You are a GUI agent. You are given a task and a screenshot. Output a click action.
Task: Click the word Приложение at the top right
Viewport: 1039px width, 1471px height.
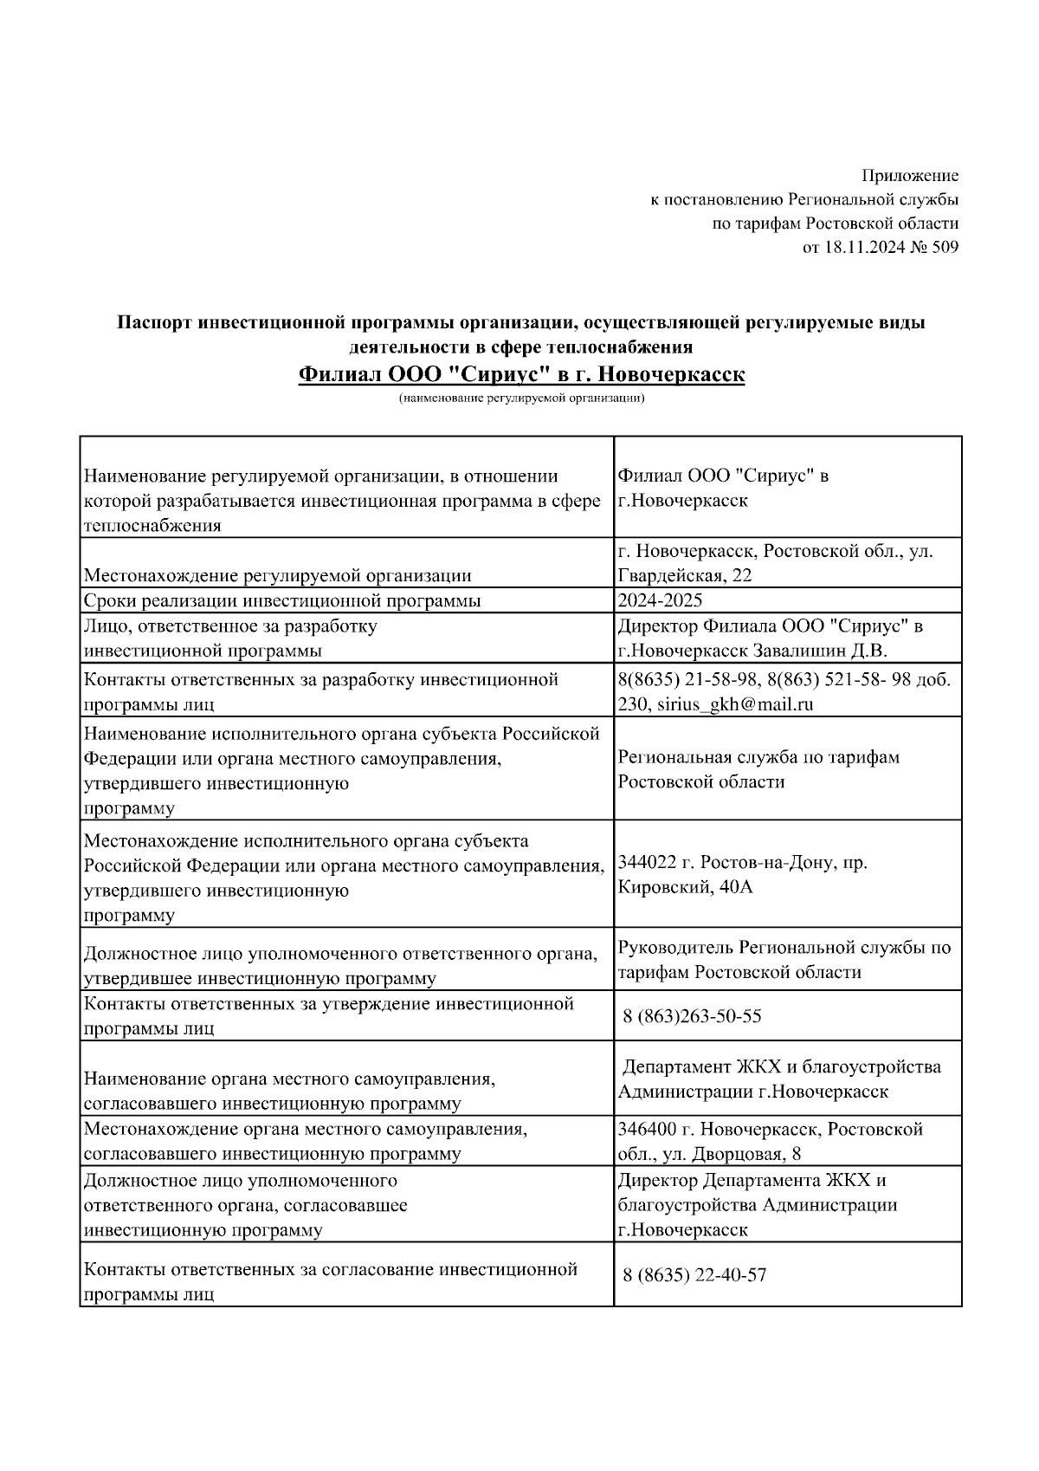910,176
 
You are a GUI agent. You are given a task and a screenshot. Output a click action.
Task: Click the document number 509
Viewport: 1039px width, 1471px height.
946,248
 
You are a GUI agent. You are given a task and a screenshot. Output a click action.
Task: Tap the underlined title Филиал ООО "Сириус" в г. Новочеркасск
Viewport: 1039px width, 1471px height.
521,375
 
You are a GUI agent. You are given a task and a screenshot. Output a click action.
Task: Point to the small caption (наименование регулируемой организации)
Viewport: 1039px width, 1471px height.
521,399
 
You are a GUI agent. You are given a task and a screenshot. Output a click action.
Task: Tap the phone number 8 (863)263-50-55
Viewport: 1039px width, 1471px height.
692,1016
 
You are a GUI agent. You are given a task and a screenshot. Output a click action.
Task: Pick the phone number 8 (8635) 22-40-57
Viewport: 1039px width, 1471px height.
694,1275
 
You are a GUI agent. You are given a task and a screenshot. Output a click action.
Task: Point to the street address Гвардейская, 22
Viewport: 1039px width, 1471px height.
685,575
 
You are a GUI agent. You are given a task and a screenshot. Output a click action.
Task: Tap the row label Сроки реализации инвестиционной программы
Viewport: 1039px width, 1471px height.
282,600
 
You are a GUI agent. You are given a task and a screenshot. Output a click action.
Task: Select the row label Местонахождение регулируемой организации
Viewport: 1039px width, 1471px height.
277,575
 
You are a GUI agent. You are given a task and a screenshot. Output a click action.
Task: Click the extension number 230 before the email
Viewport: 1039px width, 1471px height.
629,704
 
